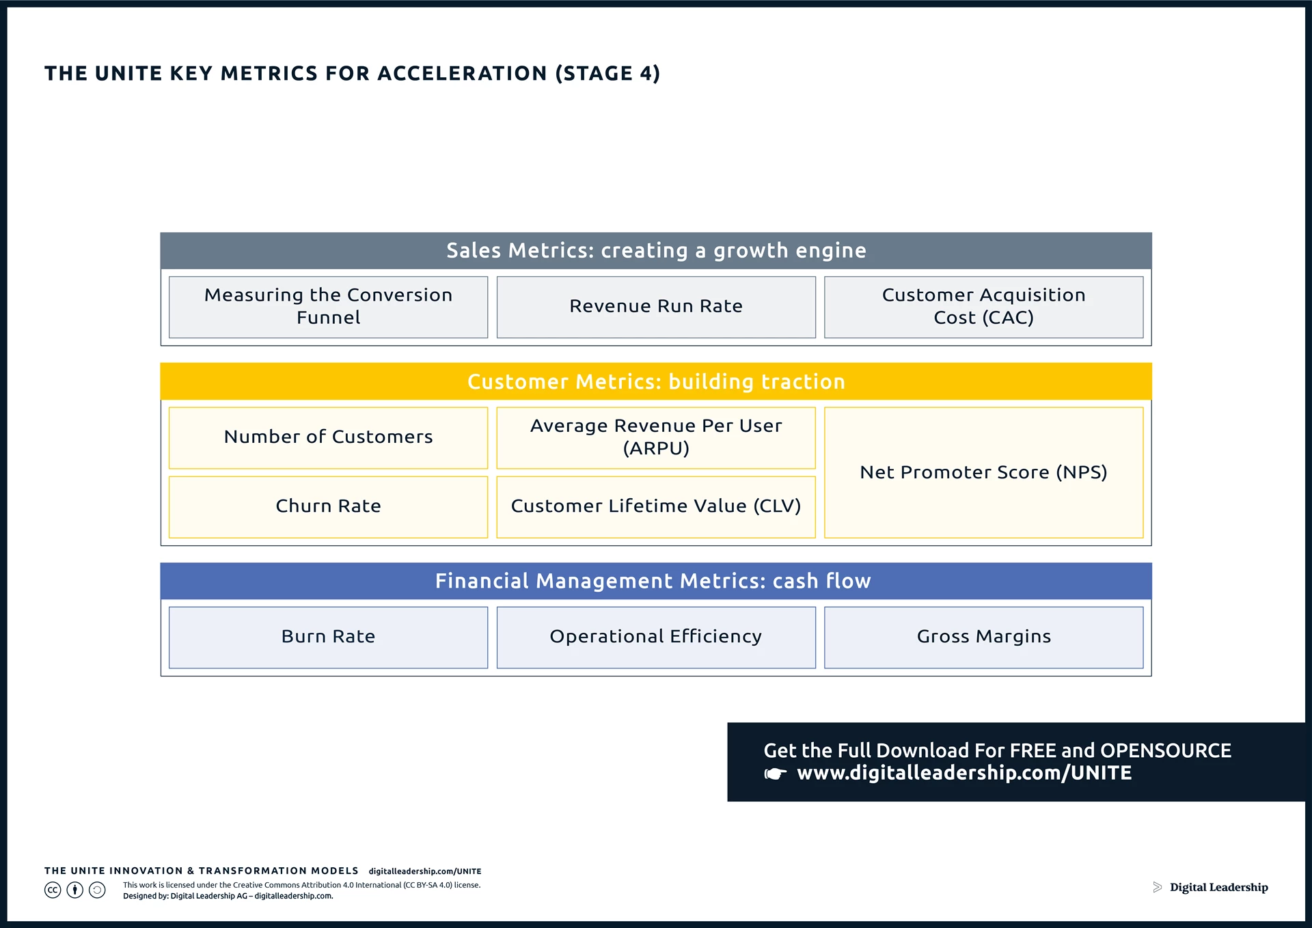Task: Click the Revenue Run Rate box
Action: click(656, 307)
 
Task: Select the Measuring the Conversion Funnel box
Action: click(328, 307)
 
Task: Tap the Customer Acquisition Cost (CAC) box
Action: click(983, 307)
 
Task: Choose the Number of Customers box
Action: click(328, 437)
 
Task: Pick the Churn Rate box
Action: click(328, 506)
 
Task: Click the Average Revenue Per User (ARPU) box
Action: click(656, 437)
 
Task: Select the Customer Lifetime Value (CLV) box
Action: click(656, 506)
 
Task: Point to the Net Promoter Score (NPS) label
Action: click(983, 472)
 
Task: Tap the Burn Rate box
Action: click(328, 637)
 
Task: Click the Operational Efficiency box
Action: click(656, 637)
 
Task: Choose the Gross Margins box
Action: click(983, 637)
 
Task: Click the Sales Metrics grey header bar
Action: click(656, 251)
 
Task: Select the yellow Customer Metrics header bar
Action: click(656, 381)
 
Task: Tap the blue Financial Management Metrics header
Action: click(656, 581)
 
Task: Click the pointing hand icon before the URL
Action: click(776, 774)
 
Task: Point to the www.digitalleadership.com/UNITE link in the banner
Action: click(964, 773)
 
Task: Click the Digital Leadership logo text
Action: click(1218, 888)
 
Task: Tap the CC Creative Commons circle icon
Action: click(53, 890)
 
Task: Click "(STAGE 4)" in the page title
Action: click(607, 74)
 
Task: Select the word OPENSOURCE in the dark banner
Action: click(1166, 750)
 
